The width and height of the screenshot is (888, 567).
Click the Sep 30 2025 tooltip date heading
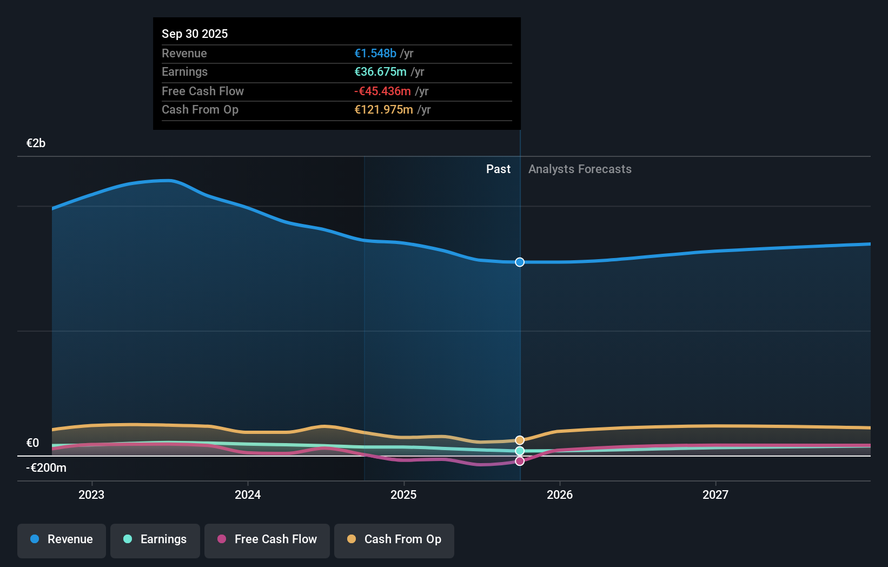(x=195, y=34)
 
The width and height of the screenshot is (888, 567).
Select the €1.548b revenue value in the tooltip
(x=375, y=53)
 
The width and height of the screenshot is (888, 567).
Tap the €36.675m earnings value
(x=380, y=71)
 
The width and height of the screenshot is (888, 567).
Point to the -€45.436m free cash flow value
(x=382, y=91)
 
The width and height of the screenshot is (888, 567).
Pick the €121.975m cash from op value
(x=383, y=109)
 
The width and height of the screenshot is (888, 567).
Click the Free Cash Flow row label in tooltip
(x=203, y=91)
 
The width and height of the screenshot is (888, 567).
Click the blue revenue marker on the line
(x=520, y=262)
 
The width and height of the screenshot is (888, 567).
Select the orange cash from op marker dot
(x=520, y=440)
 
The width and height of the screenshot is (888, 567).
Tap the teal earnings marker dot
(x=520, y=451)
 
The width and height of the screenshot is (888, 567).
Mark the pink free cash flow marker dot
(x=520, y=461)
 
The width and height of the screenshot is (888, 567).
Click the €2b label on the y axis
(x=36, y=143)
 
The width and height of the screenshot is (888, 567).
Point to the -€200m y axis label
(x=46, y=467)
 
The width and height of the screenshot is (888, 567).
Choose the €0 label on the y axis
(x=32, y=443)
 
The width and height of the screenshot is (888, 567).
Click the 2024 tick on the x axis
(x=248, y=495)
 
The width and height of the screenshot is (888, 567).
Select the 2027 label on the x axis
(x=715, y=495)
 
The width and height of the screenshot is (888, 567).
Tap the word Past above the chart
(x=498, y=169)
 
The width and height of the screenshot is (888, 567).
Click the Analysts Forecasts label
(x=580, y=169)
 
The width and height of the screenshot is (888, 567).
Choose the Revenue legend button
(x=62, y=539)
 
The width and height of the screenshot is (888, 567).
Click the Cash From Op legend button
(x=394, y=539)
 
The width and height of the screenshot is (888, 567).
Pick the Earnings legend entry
(x=155, y=539)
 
